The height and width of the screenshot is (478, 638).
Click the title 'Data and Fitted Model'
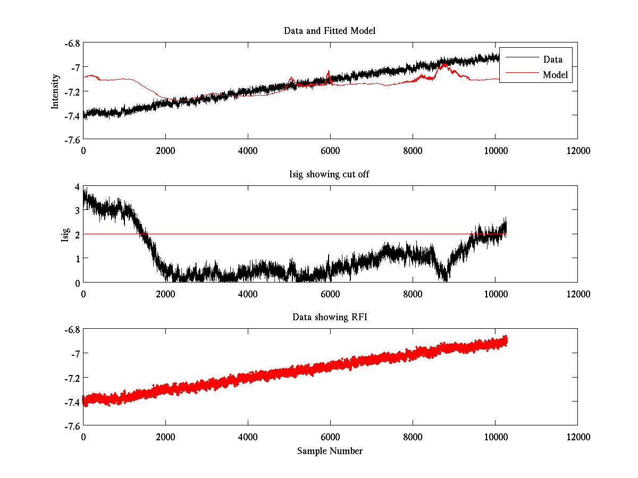click(330, 31)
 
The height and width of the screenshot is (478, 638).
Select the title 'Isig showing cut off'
click(329, 174)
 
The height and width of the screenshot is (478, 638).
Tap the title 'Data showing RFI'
click(330, 317)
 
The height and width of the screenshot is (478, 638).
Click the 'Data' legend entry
click(552, 59)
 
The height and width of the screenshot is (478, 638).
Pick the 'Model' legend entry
click(555, 75)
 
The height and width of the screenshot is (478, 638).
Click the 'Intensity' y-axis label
click(55, 91)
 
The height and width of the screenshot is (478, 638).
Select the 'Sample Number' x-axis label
click(330, 451)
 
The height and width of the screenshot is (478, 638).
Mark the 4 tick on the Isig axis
click(77, 186)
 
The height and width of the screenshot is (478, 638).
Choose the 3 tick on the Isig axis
click(77, 210)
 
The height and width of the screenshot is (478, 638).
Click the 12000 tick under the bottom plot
click(577, 437)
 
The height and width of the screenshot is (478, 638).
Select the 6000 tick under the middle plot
click(330, 293)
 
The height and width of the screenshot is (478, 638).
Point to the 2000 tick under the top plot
click(165, 150)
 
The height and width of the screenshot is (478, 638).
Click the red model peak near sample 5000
click(291, 78)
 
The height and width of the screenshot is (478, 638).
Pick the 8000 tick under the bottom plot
click(413, 437)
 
